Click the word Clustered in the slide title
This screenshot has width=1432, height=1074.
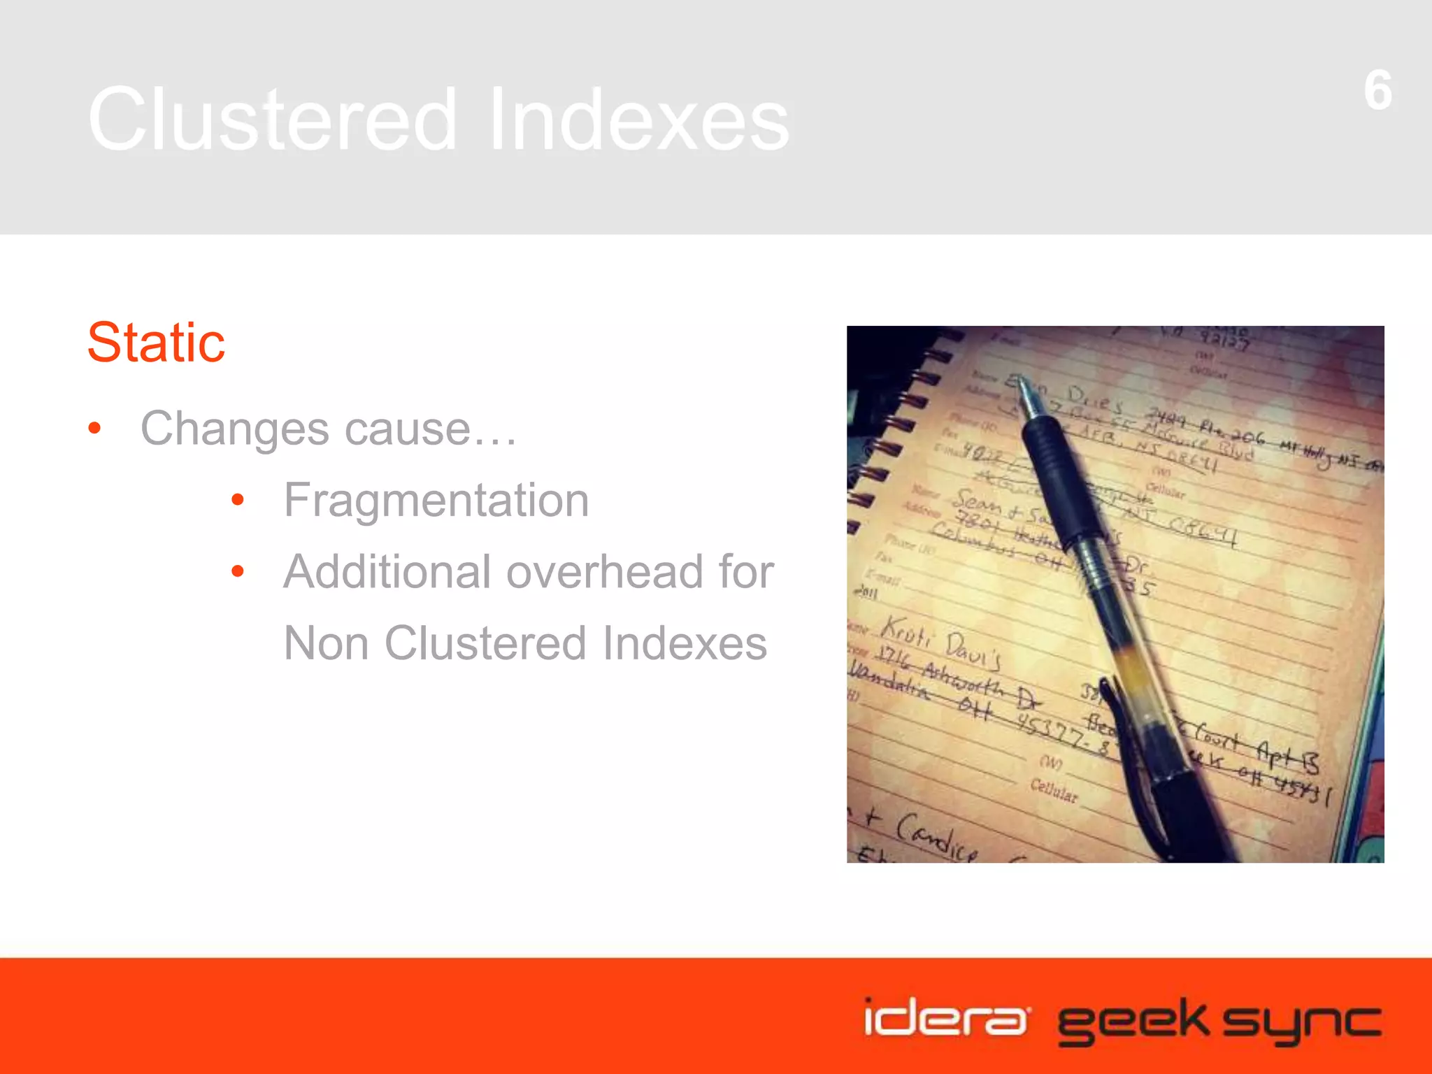coord(273,119)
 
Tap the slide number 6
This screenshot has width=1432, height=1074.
coord(1377,91)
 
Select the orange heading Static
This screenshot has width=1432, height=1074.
coord(156,343)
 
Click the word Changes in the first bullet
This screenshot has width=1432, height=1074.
coord(235,429)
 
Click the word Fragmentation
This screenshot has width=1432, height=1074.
coord(436,501)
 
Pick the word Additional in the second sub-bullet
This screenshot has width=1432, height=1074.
coord(387,572)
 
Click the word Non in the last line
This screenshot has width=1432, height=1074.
coord(326,643)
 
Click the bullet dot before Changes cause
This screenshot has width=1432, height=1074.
coord(95,428)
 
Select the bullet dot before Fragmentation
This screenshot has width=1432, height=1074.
coord(238,500)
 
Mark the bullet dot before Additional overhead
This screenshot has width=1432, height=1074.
coord(238,571)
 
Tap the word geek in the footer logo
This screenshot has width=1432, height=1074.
coord(1133,1021)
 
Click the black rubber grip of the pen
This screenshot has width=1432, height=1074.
coord(1059,475)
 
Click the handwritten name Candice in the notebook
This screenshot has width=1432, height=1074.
coord(937,836)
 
